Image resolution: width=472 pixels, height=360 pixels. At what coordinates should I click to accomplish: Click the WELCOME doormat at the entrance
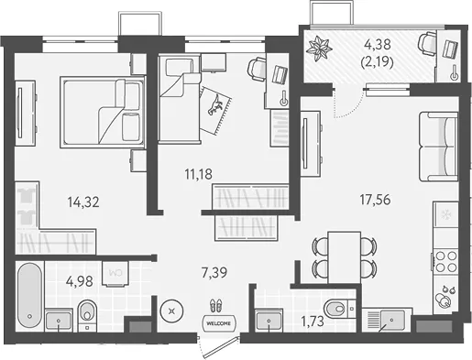point(219,323)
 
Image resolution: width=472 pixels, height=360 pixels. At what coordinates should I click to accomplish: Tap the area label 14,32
point(83,202)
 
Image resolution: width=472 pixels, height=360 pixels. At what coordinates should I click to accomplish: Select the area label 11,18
point(198,174)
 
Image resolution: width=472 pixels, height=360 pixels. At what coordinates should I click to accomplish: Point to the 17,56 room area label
point(375,200)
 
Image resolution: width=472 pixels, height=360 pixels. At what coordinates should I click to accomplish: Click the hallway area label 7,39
point(214,272)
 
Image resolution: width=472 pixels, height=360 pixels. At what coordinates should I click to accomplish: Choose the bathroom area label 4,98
point(80,281)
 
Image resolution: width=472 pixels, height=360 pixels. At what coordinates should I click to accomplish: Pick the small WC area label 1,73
point(313,322)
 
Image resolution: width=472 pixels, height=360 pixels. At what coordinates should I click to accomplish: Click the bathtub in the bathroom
point(29,296)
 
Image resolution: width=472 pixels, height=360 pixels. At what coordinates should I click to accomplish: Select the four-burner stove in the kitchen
point(445,261)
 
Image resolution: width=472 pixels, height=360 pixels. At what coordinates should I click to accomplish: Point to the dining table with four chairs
point(345,257)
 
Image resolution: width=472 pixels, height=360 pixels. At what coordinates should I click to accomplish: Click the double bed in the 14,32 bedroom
point(103,113)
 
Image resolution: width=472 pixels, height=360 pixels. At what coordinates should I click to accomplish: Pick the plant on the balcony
point(319,49)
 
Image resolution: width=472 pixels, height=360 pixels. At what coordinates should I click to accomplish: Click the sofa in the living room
point(438,147)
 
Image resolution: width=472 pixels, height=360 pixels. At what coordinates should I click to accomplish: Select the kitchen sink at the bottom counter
point(391,320)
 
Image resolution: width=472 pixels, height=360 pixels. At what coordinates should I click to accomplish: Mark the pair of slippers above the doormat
point(216,306)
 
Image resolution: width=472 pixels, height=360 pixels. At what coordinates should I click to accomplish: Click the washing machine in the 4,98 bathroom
point(115,274)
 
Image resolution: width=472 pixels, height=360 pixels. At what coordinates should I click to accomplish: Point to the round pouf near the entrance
point(172,311)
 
